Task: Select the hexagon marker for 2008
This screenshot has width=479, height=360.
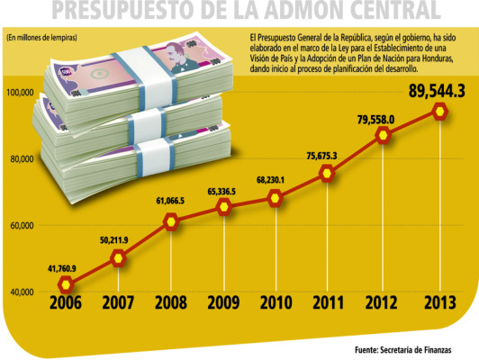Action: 170,221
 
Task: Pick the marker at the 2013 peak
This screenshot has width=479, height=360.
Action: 440,112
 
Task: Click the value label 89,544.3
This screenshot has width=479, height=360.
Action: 436,90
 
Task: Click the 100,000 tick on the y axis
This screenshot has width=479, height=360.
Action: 19,93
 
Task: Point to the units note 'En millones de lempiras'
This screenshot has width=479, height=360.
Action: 41,37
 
